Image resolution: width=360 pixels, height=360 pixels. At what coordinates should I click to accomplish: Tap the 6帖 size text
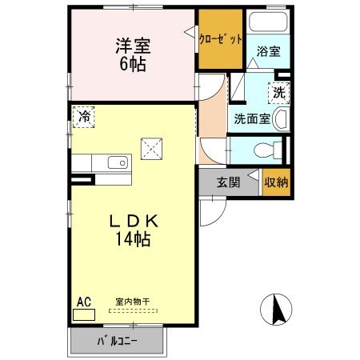tap(133, 64)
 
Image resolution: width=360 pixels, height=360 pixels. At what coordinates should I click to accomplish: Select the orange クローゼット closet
tap(220, 38)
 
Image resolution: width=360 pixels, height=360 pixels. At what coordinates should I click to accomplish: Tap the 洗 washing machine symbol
tap(280, 93)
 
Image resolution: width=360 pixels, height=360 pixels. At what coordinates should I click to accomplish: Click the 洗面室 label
tap(250, 120)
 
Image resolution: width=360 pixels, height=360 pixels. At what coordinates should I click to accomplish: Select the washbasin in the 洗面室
tap(282, 121)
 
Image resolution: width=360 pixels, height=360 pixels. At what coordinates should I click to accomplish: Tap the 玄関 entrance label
tap(229, 182)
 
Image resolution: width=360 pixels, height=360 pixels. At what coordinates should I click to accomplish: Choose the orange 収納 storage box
tap(276, 182)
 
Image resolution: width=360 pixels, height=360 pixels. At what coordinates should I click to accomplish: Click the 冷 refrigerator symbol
tap(83, 117)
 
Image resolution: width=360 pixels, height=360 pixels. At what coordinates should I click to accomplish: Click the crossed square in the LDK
tap(151, 147)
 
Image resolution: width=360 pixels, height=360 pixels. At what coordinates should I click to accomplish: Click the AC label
tap(83, 302)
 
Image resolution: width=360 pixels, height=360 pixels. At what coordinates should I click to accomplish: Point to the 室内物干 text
tap(133, 302)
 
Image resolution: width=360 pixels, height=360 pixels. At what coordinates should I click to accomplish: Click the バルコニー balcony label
tap(118, 342)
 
